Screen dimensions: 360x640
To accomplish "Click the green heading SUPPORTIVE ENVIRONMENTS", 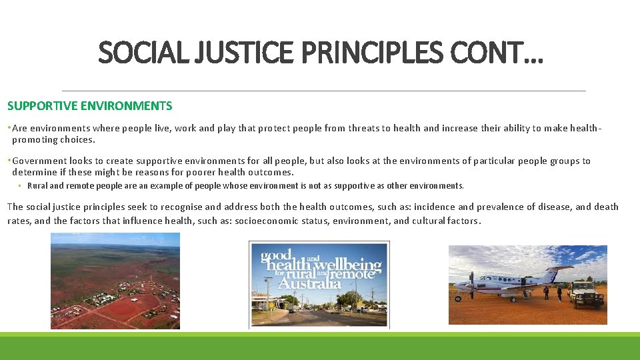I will click(x=89, y=106).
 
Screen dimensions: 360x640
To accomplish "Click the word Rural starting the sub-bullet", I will click(x=37, y=186).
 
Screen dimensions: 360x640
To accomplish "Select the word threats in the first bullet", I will click(x=360, y=129).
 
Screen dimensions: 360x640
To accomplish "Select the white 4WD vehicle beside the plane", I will click(x=586, y=293).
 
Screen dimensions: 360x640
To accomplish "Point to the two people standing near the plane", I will click(x=552, y=293).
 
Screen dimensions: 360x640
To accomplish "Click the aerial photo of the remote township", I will click(x=115, y=281).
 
